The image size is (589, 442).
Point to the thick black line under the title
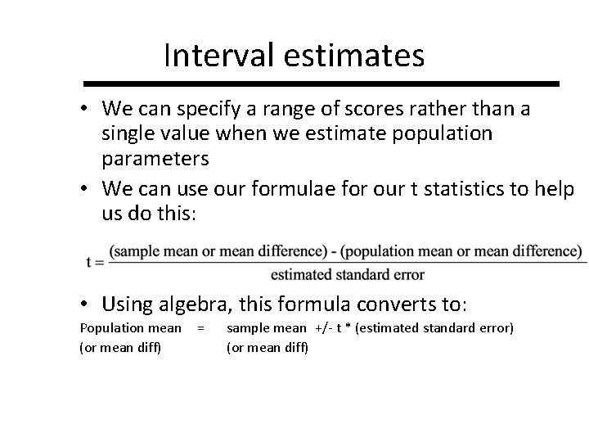coord(321,83)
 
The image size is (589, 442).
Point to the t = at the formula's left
coord(93,261)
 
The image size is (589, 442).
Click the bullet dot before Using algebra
coord(88,304)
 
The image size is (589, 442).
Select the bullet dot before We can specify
coord(88,108)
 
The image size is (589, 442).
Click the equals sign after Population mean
coord(200,328)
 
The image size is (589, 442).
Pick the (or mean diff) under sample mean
coord(268,347)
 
